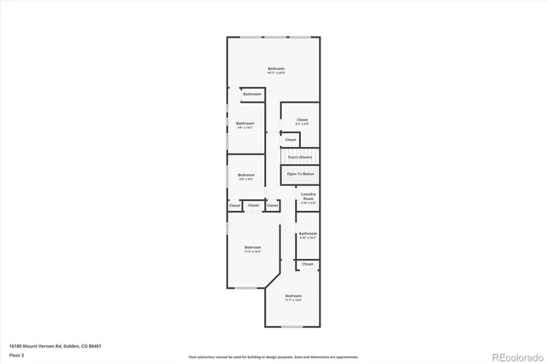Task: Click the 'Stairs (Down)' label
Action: [x=299, y=157]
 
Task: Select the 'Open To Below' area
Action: [x=300, y=173]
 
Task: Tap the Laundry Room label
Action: [x=308, y=197]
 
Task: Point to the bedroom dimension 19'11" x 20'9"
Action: [x=275, y=73]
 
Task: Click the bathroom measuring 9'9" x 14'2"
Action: [x=245, y=125]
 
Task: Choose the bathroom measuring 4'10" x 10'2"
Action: [x=308, y=235]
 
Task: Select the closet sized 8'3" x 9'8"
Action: [x=302, y=121]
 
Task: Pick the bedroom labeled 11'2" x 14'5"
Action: [x=251, y=249]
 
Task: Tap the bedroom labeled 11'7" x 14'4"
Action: [x=293, y=297]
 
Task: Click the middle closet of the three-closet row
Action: [x=253, y=205]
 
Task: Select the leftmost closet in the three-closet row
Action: [x=234, y=205]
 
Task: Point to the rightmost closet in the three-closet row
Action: [x=272, y=205]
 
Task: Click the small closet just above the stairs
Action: [x=291, y=138]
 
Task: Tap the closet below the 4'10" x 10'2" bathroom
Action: [x=307, y=264]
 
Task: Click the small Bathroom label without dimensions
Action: [x=251, y=93]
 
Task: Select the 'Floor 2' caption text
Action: [x=16, y=353]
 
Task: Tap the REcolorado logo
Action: [x=515, y=355]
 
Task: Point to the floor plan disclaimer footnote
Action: [x=273, y=355]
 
